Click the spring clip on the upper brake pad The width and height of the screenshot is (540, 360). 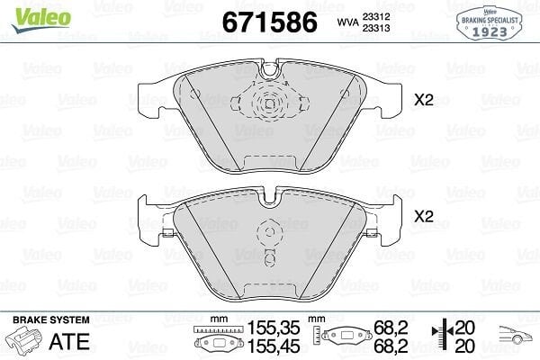click(x=269, y=103)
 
